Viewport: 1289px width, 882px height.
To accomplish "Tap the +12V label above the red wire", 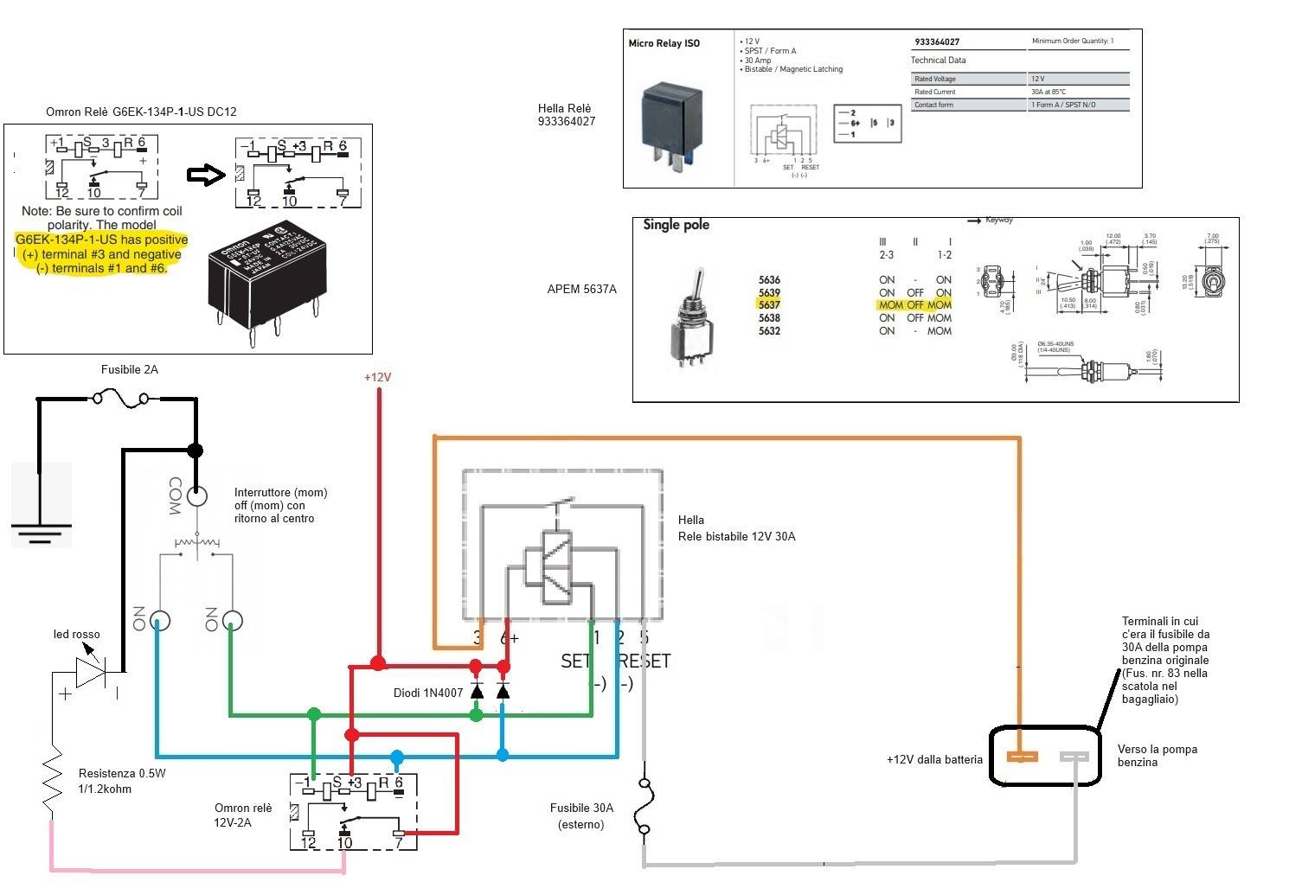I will coord(377,378).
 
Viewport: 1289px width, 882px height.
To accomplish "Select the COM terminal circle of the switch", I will coord(196,496).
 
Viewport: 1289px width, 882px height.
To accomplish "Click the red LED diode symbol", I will coord(91,671).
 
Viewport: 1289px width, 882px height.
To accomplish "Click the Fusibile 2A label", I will coord(130,369).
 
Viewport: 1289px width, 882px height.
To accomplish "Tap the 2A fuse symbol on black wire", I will coord(118,399).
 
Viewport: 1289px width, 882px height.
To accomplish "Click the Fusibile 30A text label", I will coord(581,808).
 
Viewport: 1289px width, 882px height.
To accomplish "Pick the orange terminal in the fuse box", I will coord(1022,757).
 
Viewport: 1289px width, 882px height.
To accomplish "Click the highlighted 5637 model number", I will coord(769,304).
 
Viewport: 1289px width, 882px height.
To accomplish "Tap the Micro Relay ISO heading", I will coord(664,43).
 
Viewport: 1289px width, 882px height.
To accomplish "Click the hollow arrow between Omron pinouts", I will coord(205,176).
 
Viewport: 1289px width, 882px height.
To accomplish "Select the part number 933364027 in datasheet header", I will coord(937,42).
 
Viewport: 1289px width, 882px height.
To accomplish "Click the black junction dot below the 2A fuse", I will coord(196,451).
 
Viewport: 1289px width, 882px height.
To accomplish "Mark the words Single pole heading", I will coord(676,225).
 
